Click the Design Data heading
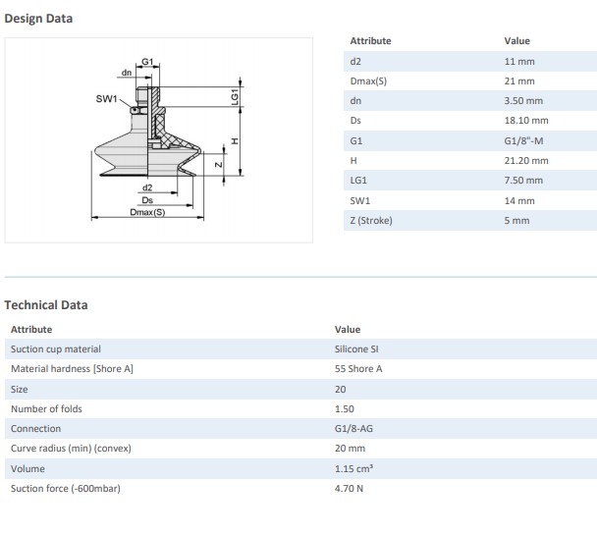click(x=38, y=19)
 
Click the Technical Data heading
click(x=46, y=304)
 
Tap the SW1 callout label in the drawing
click(x=106, y=99)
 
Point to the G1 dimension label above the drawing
click(x=147, y=61)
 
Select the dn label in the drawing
click(x=127, y=73)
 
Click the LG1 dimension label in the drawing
click(x=235, y=96)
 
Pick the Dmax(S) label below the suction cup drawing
click(x=147, y=212)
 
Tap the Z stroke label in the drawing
click(x=219, y=165)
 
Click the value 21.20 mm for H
click(x=526, y=161)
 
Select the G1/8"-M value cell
click(x=523, y=140)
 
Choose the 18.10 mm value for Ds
click(x=526, y=120)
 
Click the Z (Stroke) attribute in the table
click(x=371, y=220)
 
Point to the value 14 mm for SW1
click(x=519, y=200)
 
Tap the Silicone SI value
click(x=356, y=348)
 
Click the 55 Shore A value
click(x=358, y=369)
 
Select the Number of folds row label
click(x=46, y=408)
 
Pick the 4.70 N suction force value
click(x=349, y=488)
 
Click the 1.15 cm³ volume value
click(x=353, y=468)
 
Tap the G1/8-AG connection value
click(x=353, y=428)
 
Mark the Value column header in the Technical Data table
click(x=348, y=329)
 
